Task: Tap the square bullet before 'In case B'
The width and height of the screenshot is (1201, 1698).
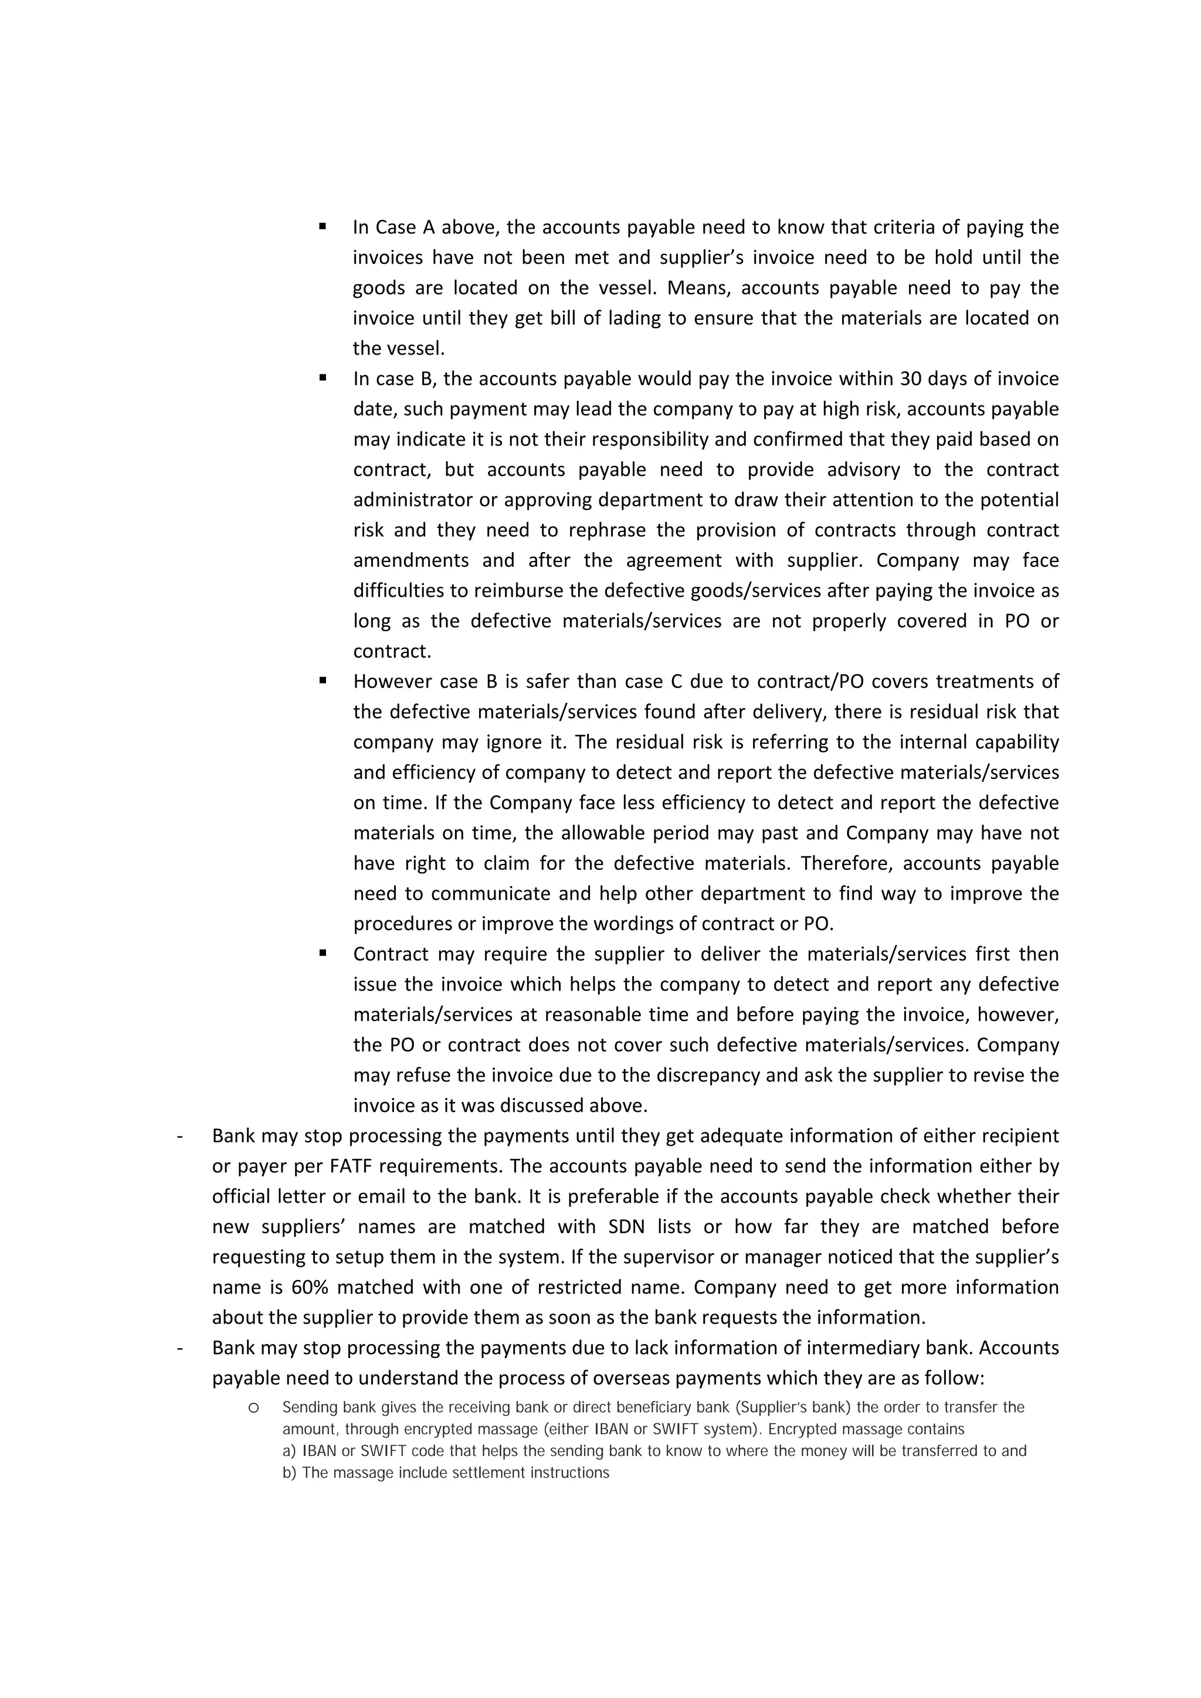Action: tap(323, 377)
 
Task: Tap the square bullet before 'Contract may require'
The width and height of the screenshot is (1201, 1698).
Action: tap(323, 952)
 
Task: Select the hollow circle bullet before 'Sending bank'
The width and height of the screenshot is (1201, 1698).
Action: tap(253, 1408)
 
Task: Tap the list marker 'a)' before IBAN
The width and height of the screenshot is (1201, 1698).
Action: tap(289, 1451)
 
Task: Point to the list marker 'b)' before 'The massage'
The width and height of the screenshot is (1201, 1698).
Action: tap(289, 1472)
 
